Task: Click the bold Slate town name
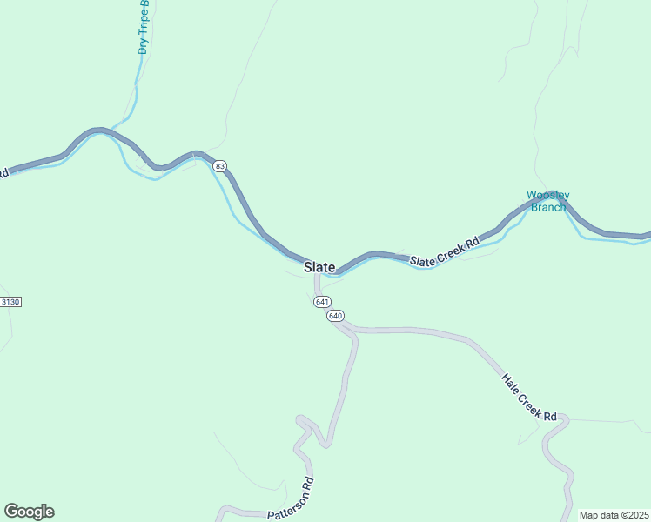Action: pyautogui.click(x=319, y=267)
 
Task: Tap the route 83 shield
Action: pyautogui.click(x=220, y=165)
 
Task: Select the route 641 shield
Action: pyautogui.click(x=322, y=301)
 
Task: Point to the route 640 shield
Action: pyautogui.click(x=336, y=316)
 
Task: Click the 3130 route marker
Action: pyautogui.click(x=10, y=301)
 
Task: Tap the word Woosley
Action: pyautogui.click(x=547, y=195)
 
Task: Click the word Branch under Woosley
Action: pyautogui.click(x=548, y=206)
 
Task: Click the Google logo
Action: pyautogui.click(x=29, y=512)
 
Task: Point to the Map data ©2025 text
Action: pyautogui.click(x=614, y=515)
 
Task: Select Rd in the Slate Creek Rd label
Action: pyautogui.click(x=473, y=243)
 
